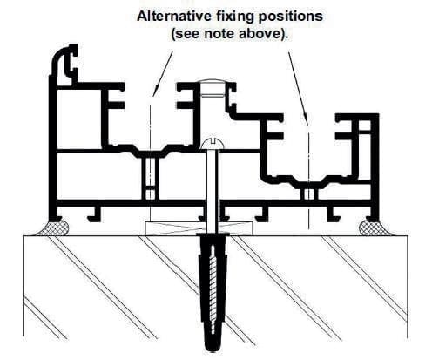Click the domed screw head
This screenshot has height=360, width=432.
[x=213, y=143]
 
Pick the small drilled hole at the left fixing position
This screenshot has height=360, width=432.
[x=150, y=174]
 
